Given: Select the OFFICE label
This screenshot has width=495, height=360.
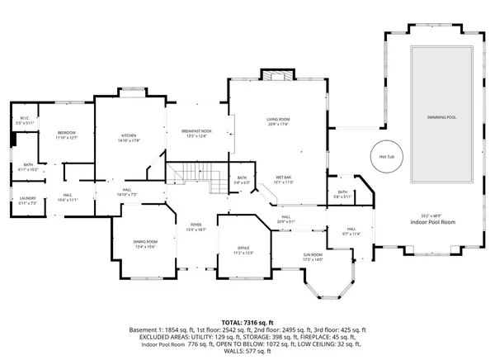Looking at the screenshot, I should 243,249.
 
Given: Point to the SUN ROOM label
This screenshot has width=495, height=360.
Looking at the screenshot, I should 313,256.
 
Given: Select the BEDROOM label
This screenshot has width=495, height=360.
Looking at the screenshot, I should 66,134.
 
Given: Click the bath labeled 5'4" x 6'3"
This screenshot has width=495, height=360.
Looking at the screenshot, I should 243,179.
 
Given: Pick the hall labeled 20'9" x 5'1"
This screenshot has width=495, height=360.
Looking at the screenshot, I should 285,219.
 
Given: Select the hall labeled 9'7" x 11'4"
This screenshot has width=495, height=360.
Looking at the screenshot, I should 351,231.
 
